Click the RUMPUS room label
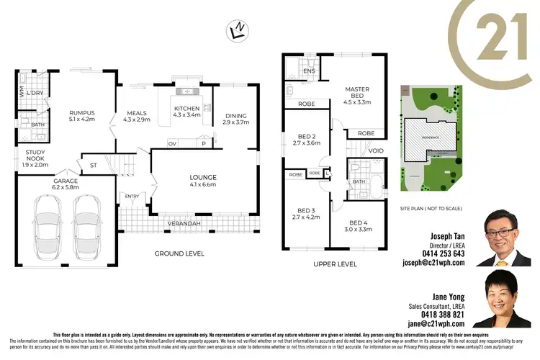pos(81,113)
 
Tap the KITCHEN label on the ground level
pos(186,109)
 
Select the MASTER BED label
pos(357,89)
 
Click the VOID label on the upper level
pos(376,151)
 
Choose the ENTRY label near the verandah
pos(132,196)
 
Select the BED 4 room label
pos(357,223)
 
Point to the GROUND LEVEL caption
pos(179,253)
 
